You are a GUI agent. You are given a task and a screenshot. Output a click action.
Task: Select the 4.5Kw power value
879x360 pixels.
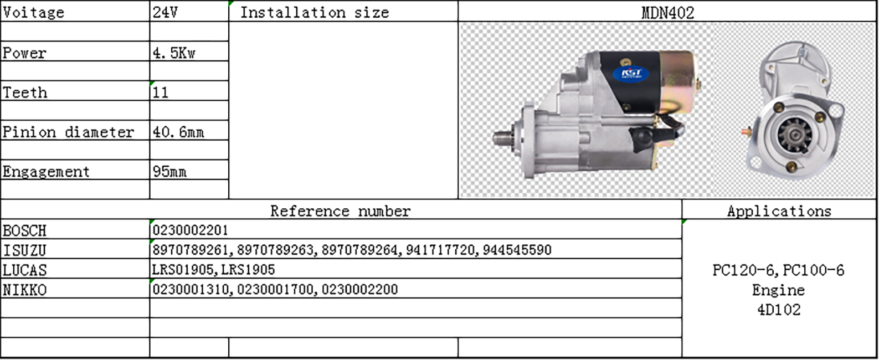click(174, 53)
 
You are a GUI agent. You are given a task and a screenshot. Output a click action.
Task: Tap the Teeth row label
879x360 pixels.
click(25, 92)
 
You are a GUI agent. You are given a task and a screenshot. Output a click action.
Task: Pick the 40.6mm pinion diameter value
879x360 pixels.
click(178, 132)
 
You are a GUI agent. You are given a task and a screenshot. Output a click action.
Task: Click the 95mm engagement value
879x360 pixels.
click(169, 172)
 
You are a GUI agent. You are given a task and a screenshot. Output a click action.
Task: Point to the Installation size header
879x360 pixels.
click(315, 13)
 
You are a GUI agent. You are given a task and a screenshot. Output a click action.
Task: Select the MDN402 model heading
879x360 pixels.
click(667, 13)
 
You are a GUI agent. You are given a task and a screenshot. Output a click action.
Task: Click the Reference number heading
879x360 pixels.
click(340, 211)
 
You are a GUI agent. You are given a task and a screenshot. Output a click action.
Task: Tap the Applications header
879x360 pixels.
click(779, 211)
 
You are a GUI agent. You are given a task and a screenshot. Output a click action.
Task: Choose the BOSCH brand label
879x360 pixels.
click(25, 230)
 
